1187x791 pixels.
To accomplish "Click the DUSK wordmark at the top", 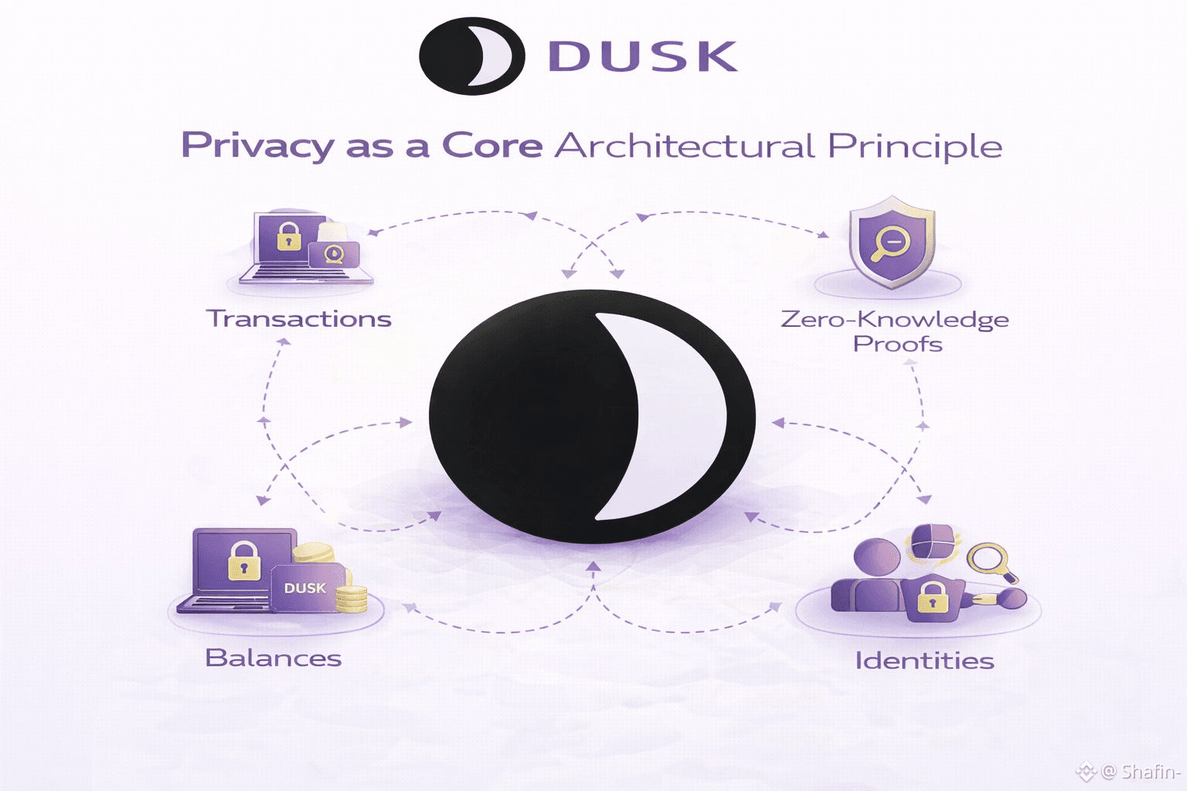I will click(642, 56).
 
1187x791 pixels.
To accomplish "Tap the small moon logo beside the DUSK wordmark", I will click(471, 56).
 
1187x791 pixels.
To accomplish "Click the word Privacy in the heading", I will click(257, 146).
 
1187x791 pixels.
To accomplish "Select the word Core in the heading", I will click(492, 145).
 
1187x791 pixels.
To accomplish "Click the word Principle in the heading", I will click(915, 147).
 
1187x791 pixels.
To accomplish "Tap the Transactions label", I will click(298, 319).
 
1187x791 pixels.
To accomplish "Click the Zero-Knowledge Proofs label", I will click(895, 331).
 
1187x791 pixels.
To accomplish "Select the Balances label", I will click(273, 657).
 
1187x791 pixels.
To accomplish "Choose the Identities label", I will click(924, 660).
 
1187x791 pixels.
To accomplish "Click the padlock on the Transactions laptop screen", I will click(287, 236).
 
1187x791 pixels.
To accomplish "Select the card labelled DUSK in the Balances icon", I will click(305, 588).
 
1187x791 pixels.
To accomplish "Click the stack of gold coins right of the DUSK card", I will click(352, 599).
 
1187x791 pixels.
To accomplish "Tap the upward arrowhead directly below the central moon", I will click(593, 567).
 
